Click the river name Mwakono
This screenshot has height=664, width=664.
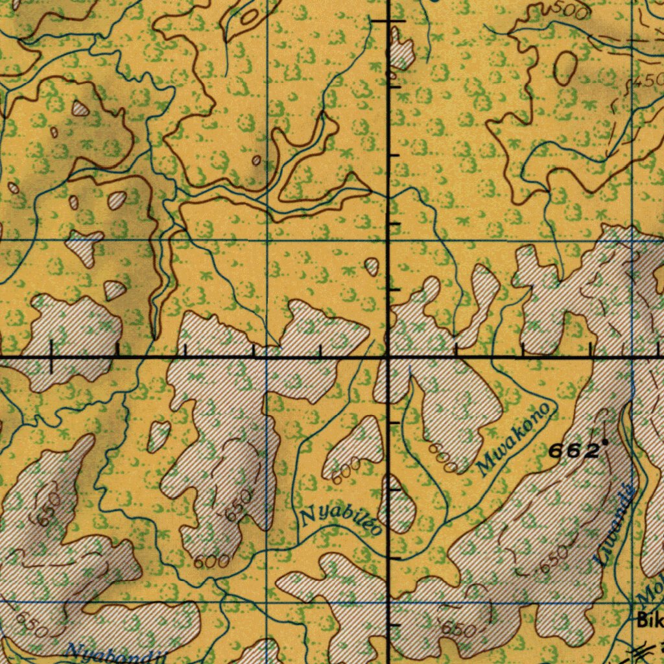(x=516, y=439)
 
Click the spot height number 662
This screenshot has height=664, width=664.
(x=573, y=451)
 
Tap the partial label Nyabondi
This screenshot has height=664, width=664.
(x=117, y=654)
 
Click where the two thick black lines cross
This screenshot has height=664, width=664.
(x=388, y=357)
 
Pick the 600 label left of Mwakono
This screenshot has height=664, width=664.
(x=443, y=457)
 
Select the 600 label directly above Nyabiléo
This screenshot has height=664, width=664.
(x=345, y=469)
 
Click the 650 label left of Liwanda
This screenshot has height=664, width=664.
(x=553, y=558)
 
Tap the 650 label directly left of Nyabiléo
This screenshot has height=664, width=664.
(x=238, y=505)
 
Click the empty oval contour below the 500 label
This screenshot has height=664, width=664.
(x=565, y=67)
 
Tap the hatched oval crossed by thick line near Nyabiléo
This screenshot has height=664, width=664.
(x=399, y=503)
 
